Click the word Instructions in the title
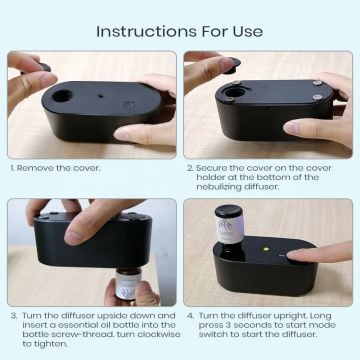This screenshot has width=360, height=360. pyautogui.click(x=140, y=29)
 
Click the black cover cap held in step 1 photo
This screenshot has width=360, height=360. pyautogui.click(x=41, y=68)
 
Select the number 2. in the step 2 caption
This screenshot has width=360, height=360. pyautogui.click(x=190, y=169)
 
